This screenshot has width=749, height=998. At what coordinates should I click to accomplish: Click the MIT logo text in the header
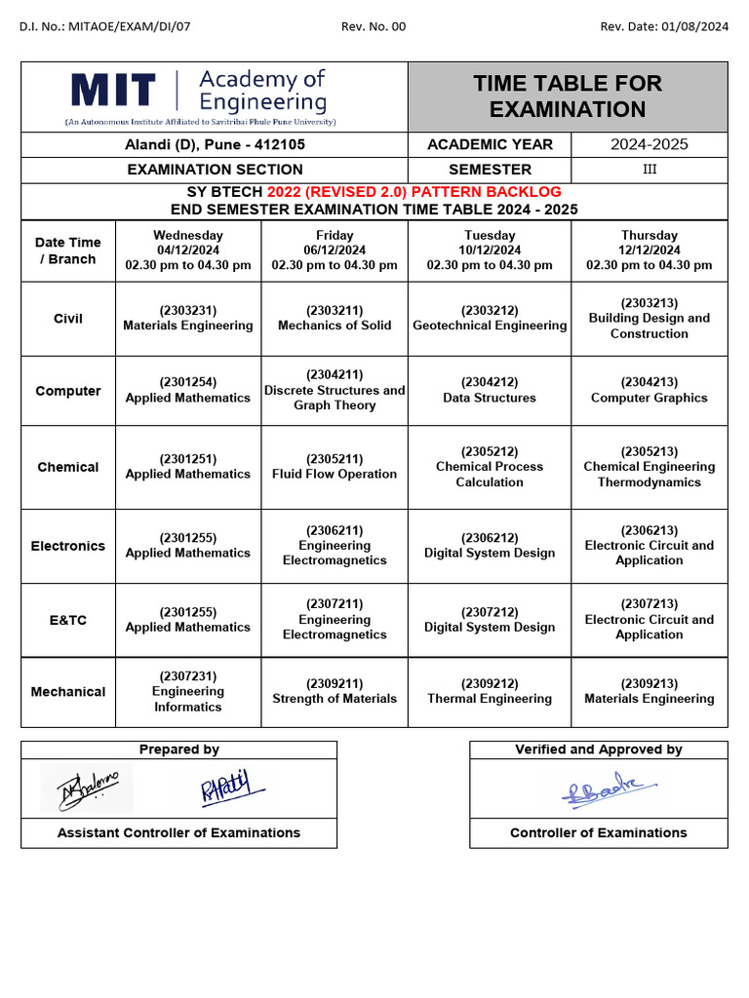click(113, 91)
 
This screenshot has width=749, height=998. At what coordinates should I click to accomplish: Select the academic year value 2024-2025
click(649, 144)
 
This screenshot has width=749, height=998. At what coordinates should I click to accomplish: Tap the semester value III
click(649, 170)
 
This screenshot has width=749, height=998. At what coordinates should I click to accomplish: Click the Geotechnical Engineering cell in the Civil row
click(490, 319)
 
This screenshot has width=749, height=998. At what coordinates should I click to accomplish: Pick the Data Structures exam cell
click(490, 391)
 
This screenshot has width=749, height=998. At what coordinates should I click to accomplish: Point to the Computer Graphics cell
click(649, 391)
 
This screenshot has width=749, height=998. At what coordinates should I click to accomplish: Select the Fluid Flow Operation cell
click(335, 467)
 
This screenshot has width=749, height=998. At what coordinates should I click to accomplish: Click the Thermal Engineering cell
click(490, 691)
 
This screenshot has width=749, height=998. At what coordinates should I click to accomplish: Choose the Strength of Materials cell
click(335, 691)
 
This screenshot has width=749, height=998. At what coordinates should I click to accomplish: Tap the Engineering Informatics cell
click(187, 691)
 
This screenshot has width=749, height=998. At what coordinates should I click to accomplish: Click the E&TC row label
click(68, 620)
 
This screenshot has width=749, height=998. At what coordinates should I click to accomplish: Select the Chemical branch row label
click(68, 467)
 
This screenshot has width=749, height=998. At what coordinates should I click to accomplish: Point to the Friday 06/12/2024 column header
click(335, 250)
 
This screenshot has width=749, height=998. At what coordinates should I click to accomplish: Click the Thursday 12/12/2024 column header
click(649, 250)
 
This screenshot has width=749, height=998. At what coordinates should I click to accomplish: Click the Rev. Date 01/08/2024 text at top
click(663, 26)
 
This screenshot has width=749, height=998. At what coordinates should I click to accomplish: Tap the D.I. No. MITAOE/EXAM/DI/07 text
click(105, 26)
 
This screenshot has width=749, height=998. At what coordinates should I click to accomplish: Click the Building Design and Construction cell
click(649, 319)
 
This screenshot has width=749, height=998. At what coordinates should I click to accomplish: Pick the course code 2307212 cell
click(490, 620)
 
